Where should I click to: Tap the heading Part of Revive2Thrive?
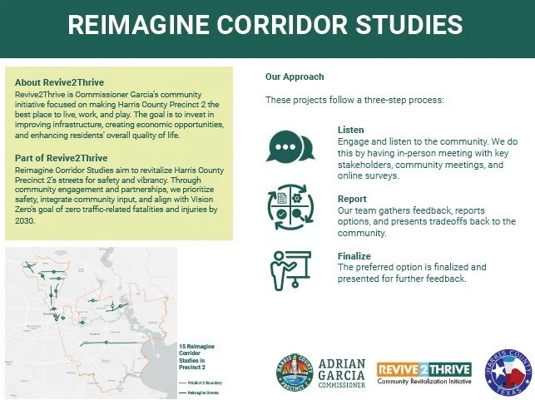(x=61, y=158)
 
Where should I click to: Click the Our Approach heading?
(x=295, y=77)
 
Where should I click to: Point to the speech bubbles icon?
(x=290, y=146)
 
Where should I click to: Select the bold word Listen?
(x=351, y=131)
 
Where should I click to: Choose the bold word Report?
(x=353, y=200)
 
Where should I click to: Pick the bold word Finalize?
(x=354, y=257)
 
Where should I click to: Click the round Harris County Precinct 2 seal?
(x=295, y=374)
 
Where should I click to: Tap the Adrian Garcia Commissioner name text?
(x=342, y=374)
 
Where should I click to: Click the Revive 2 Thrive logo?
(x=424, y=373)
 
